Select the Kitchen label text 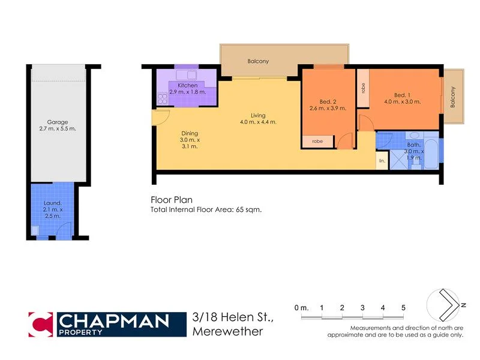coord(179,86)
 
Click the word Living coord(258,115)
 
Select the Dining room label coord(190,133)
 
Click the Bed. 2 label coord(328,101)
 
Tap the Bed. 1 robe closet coord(363,88)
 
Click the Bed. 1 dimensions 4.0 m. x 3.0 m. coord(402,101)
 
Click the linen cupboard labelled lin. coord(381,160)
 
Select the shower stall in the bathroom coord(398,160)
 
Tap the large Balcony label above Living coord(258,61)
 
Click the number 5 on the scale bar coord(403,308)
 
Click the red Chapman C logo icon coord(41,324)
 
